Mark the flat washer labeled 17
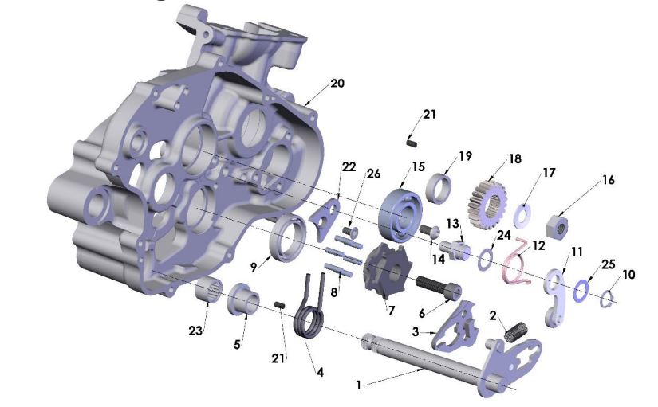(x=522, y=213)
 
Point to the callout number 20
(x=337, y=84)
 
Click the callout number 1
(x=359, y=385)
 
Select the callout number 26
(x=374, y=174)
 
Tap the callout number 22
(x=349, y=166)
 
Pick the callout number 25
(x=609, y=264)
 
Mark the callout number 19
(x=465, y=155)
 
